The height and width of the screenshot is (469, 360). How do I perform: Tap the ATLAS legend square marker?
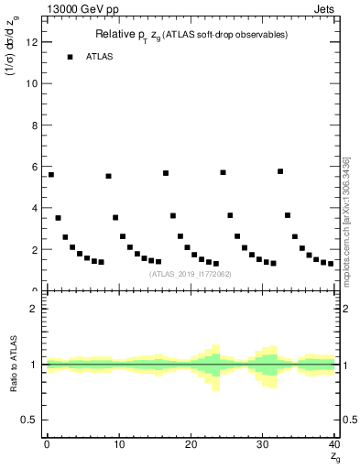[x=70, y=57]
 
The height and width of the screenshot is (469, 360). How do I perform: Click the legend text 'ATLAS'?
[x=101, y=57]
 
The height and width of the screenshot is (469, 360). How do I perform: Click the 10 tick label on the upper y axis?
[x=34, y=82]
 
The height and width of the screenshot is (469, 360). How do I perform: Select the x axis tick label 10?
[x=118, y=444]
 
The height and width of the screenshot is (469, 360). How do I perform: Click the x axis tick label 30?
[x=263, y=444]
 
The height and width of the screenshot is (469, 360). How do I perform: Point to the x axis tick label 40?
[x=333, y=444]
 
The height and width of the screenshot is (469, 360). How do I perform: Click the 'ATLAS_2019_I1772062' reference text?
[x=190, y=274]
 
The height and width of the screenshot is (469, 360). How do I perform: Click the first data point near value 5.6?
[x=50, y=174]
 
